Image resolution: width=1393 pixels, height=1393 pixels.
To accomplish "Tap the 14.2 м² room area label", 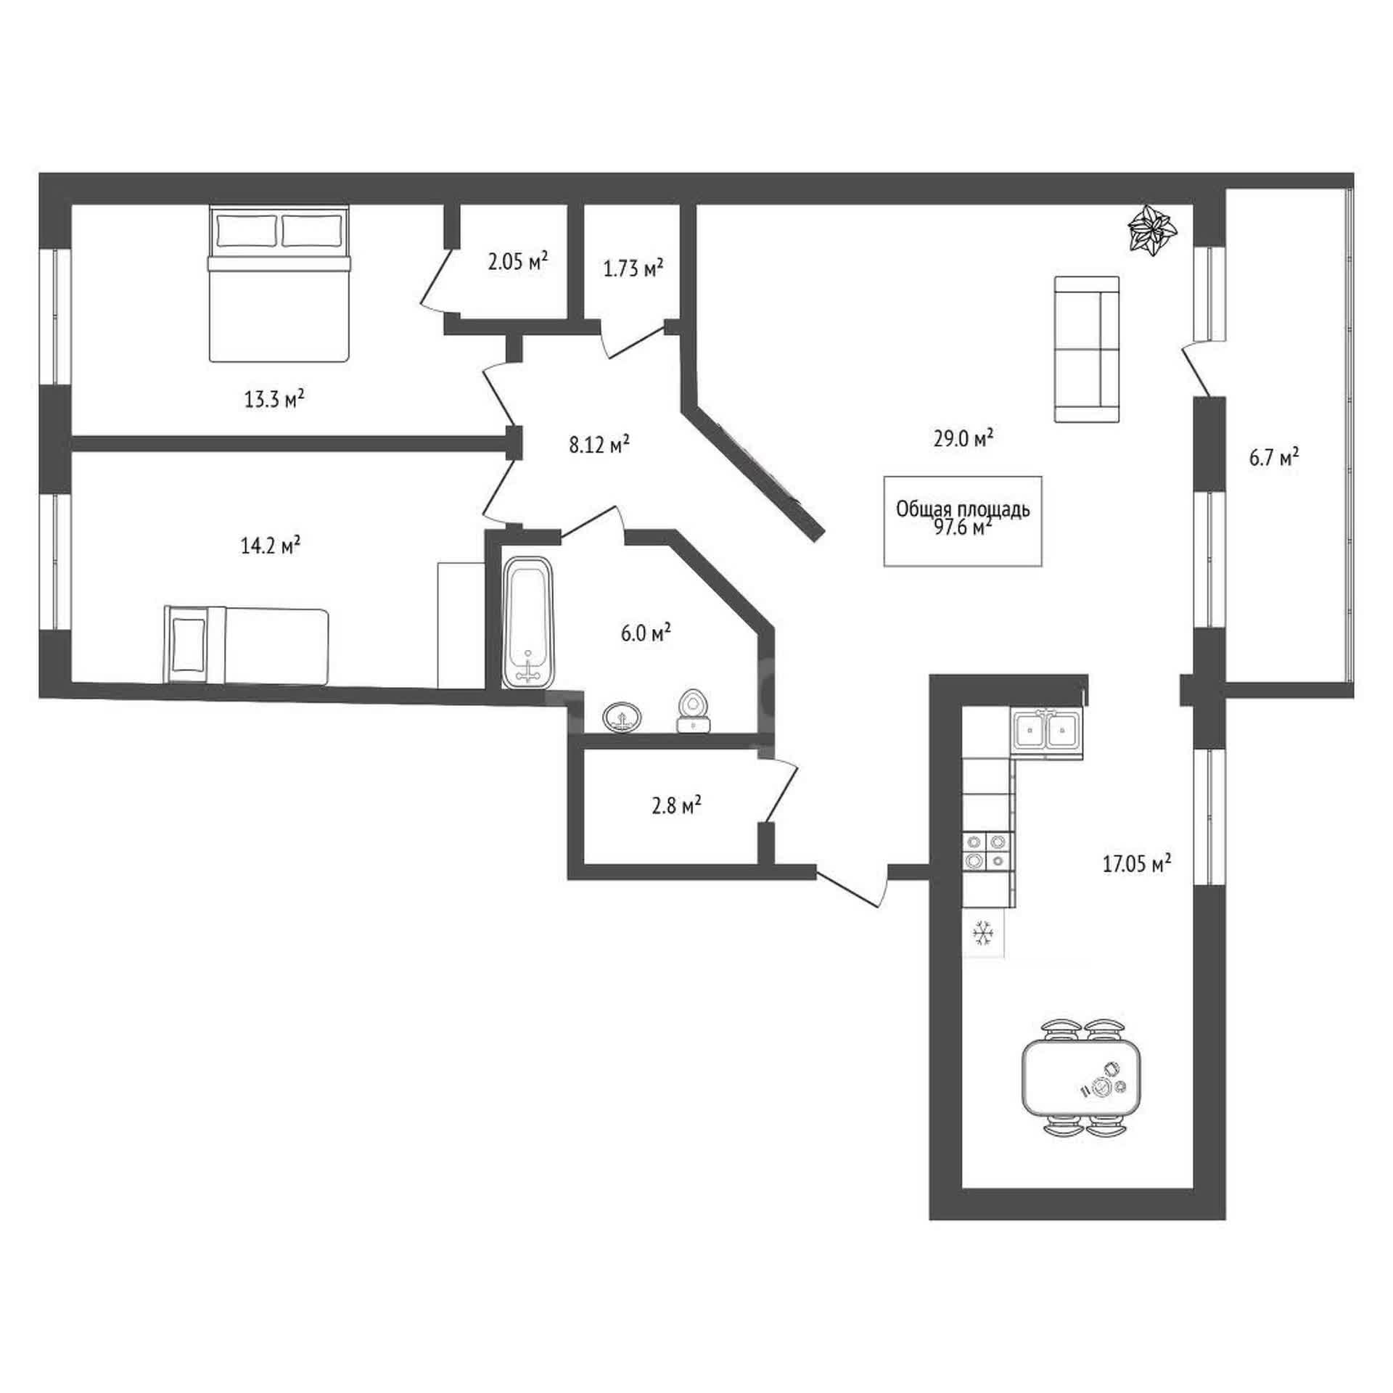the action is pyautogui.click(x=271, y=545).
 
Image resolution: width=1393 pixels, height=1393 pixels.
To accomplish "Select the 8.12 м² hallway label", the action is pyautogui.click(x=599, y=444).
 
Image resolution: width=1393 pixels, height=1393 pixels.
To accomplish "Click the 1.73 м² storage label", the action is pyautogui.click(x=633, y=268).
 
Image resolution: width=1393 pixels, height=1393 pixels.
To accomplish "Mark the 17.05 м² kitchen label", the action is pyautogui.click(x=1137, y=863).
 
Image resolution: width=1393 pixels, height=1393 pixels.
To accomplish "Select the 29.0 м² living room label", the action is pyautogui.click(x=963, y=438).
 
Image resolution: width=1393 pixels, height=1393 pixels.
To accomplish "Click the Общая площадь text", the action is pyautogui.click(x=963, y=509).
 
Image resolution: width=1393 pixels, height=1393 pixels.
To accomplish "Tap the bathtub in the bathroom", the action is pyautogui.click(x=528, y=622).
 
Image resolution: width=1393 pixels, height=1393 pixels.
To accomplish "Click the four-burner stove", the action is pyautogui.click(x=988, y=851).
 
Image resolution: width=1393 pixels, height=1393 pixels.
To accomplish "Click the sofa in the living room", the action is pyautogui.click(x=1087, y=349).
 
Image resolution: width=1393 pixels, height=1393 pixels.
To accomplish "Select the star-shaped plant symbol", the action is pyautogui.click(x=1153, y=229).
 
